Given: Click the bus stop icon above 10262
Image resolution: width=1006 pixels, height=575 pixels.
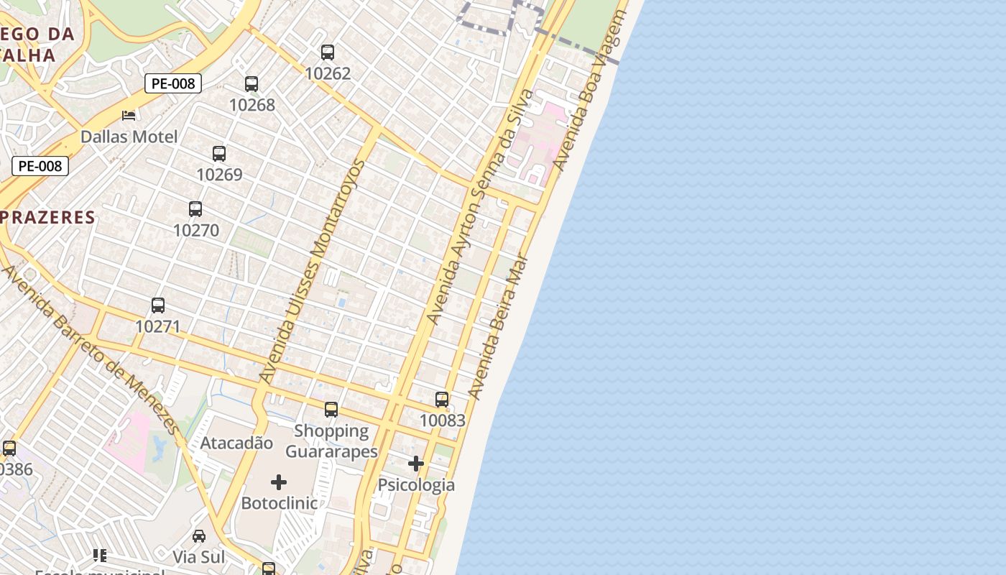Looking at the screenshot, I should pos(328,52).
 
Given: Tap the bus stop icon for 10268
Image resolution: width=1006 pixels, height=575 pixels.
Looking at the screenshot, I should pos(251,84).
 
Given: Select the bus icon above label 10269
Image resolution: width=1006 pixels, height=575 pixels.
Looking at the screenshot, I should pos(219,154).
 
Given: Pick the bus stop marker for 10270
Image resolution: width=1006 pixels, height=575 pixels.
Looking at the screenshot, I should pos(195,209).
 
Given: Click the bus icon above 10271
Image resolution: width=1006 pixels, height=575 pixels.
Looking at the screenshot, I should pos(158,305).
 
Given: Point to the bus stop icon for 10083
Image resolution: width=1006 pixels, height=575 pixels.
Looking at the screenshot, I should pos(442,400).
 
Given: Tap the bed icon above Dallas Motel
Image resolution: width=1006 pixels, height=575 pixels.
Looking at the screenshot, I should pos(129,115).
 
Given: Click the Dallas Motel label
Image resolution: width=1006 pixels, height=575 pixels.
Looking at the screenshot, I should pos(129,137).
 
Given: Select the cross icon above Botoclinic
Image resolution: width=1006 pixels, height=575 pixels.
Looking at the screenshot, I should pos(279,482).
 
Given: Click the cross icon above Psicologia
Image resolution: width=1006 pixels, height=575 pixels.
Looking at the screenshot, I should pos(416,464).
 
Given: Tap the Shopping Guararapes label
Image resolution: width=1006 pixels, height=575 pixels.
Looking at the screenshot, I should pos(331,441).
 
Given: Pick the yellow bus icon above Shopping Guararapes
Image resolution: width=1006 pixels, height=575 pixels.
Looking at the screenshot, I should pos(331,410).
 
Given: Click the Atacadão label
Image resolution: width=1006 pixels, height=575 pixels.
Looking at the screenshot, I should pos(236,443).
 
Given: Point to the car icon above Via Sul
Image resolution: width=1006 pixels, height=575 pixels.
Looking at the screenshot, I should pos(199,536).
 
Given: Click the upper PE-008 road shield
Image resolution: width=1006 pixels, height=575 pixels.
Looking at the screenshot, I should pos(173,83).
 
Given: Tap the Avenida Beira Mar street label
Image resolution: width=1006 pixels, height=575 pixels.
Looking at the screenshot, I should pos(499,328).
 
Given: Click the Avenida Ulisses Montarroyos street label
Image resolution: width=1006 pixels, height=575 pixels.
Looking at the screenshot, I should pos(312,272).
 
